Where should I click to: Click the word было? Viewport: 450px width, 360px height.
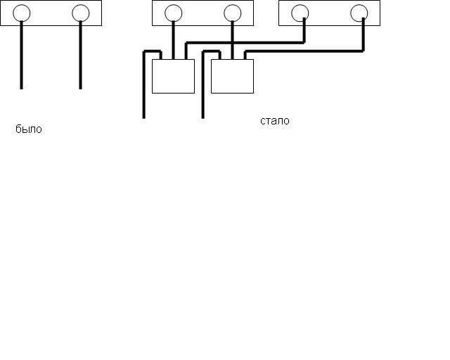[29, 129]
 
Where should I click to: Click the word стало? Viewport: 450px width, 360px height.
[274, 121]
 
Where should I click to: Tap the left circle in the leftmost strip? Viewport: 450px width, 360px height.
[22, 13]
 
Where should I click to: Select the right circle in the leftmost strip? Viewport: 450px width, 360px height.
[81, 13]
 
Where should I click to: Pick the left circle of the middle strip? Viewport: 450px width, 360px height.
[174, 13]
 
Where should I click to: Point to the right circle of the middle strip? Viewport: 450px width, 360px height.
[232, 13]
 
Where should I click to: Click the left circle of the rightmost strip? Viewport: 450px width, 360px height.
[300, 13]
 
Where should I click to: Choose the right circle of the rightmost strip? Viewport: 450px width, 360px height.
[359, 13]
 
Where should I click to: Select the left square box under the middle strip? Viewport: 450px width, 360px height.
[173, 76]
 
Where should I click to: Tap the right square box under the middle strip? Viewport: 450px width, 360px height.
[232, 76]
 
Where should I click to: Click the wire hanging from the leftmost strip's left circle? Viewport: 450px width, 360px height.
[22, 56]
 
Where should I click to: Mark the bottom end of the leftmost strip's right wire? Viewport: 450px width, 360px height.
[81, 87]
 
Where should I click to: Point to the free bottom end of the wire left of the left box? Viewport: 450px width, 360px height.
[144, 117]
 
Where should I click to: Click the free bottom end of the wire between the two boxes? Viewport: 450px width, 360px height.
[203, 117]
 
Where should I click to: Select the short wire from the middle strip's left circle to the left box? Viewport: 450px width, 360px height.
[174, 40]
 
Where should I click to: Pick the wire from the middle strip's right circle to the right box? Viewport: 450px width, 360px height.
[232, 40]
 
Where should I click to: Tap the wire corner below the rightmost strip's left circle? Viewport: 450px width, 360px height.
[304, 42]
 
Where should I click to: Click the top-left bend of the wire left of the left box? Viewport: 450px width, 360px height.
[145, 51]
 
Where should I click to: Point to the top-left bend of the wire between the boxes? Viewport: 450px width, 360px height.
[204, 51]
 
